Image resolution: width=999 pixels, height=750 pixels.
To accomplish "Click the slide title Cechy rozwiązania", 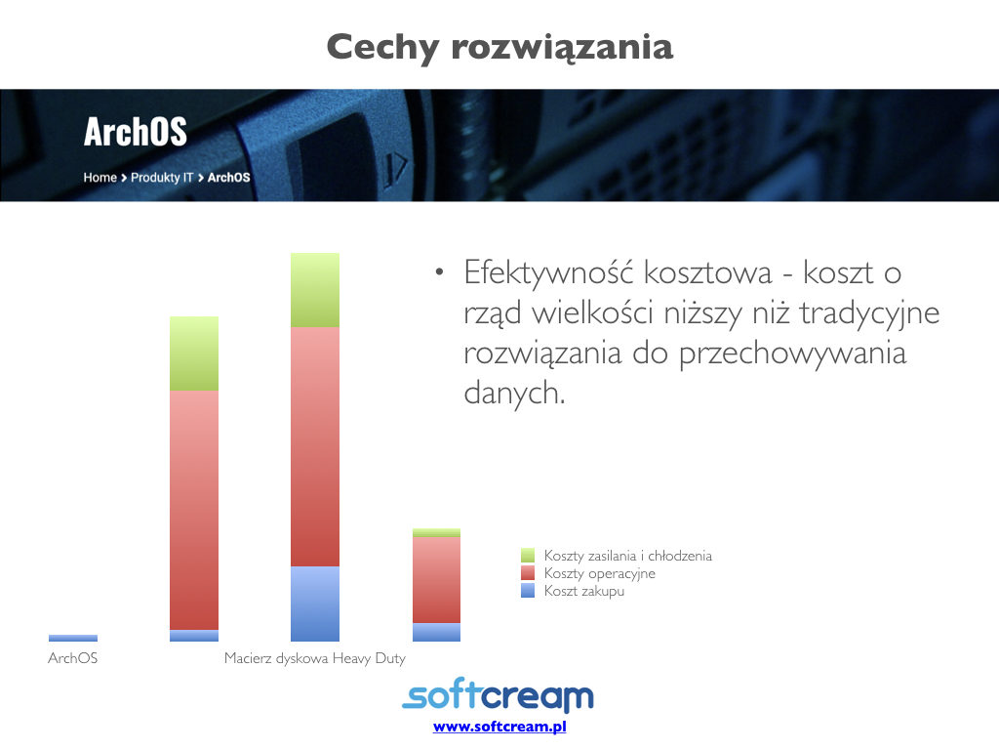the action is tap(499, 47).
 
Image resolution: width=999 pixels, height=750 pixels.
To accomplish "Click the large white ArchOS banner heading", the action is tap(135, 132).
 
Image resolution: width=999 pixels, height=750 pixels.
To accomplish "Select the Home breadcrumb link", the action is tap(100, 178).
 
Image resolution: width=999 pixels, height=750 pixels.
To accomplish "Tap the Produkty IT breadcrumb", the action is tap(162, 178).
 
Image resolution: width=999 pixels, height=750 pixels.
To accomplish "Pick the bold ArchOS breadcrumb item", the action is tap(228, 178).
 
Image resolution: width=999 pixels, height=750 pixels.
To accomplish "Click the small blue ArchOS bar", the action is tap(72, 638).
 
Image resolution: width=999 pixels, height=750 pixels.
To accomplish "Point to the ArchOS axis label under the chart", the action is tap(72, 657).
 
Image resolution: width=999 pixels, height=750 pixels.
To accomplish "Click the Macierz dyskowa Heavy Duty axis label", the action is tap(315, 658).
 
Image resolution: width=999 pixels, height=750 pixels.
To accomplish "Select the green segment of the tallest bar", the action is tap(315, 290).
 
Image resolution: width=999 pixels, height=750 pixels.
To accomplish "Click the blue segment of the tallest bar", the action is tap(315, 604).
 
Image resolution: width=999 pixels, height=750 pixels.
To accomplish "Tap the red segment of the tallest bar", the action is tap(315, 446).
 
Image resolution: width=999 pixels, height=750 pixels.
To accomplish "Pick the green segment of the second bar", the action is tap(194, 354).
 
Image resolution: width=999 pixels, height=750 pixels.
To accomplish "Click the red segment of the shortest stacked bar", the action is tap(436, 580).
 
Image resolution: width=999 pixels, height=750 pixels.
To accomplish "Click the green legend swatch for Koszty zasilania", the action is tap(528, 556).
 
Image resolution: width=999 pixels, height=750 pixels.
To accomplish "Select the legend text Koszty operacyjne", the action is tap(600, 573).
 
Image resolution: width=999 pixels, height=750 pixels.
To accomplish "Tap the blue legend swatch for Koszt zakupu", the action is tap(528, 591).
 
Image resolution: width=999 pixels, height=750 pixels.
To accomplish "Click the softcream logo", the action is tap(499, 694).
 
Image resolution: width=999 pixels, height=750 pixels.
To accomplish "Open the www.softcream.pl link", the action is tap(499, 727).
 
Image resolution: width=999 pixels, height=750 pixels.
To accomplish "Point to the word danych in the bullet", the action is tap(514, 393).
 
